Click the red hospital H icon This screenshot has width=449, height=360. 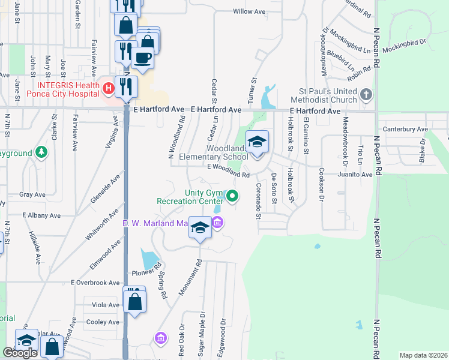coord(108,89)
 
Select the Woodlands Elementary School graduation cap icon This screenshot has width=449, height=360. coord(257,142)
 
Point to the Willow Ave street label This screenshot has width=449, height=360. coord(249,11)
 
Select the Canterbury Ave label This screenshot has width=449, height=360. coord(406,129)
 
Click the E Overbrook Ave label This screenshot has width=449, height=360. coord(95,282)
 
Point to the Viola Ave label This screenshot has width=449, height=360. coord(106,305)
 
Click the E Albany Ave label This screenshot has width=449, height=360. coord(41,215)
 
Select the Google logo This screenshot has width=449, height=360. coord(20,353)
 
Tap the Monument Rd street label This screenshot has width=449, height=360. coord(191,277)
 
